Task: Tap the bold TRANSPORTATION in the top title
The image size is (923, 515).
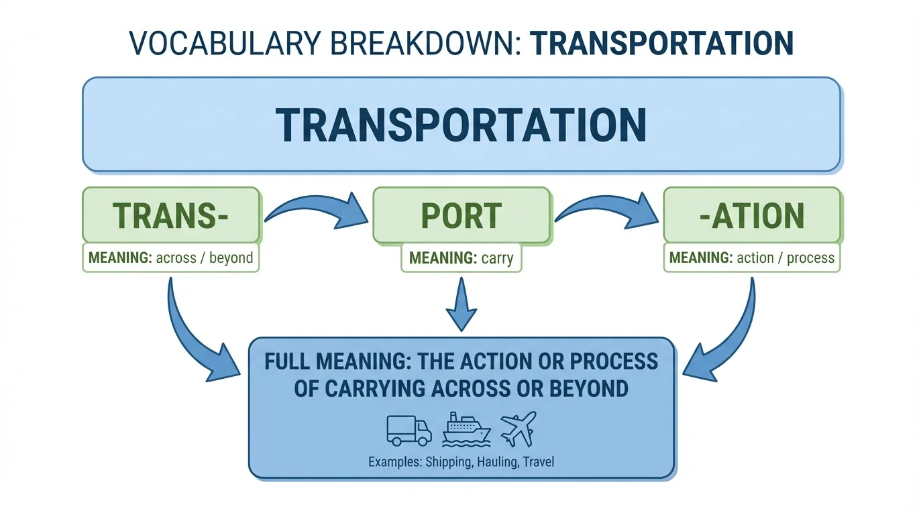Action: pos(661,43)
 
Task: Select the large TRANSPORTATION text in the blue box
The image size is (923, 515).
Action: pos(461,124)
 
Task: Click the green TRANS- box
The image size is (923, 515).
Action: pos(170,215)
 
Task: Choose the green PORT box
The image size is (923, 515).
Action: pos(461,215)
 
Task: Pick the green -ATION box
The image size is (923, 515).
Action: pos(751,215)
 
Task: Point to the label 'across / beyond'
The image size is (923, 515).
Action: pos(204,257)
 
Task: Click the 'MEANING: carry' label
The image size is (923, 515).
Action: pos(461,258)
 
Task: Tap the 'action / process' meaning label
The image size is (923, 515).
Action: pos(785,257)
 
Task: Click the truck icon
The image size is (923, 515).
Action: pos(409,430)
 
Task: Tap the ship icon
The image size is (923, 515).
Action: pos(466,429)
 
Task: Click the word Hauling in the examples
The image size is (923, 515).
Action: pos(497,462)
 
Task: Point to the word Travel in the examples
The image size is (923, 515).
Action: pos(540,462)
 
